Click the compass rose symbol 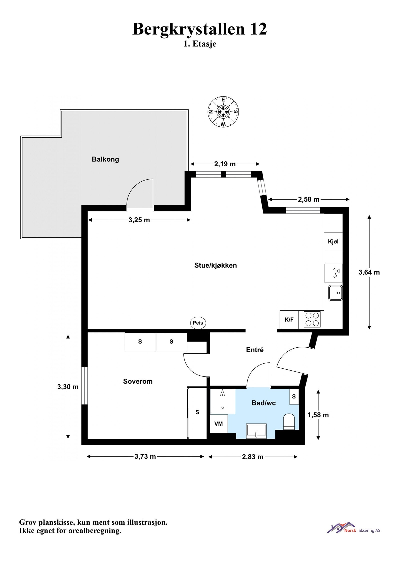point(223,112)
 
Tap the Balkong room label point(105,159)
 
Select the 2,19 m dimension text point(225,164)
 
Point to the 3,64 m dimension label point(369,272)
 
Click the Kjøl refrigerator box point(333,242)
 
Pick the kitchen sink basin point(335,293)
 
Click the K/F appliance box point(289,320)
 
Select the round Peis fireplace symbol point(198,323)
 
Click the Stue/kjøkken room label point(215,265)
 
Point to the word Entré point(255,350)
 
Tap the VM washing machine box point(218,424)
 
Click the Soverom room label point(138,381)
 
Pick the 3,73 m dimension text point(145,457)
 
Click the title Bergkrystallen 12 point(199,29)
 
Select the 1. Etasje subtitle point(200,44)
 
